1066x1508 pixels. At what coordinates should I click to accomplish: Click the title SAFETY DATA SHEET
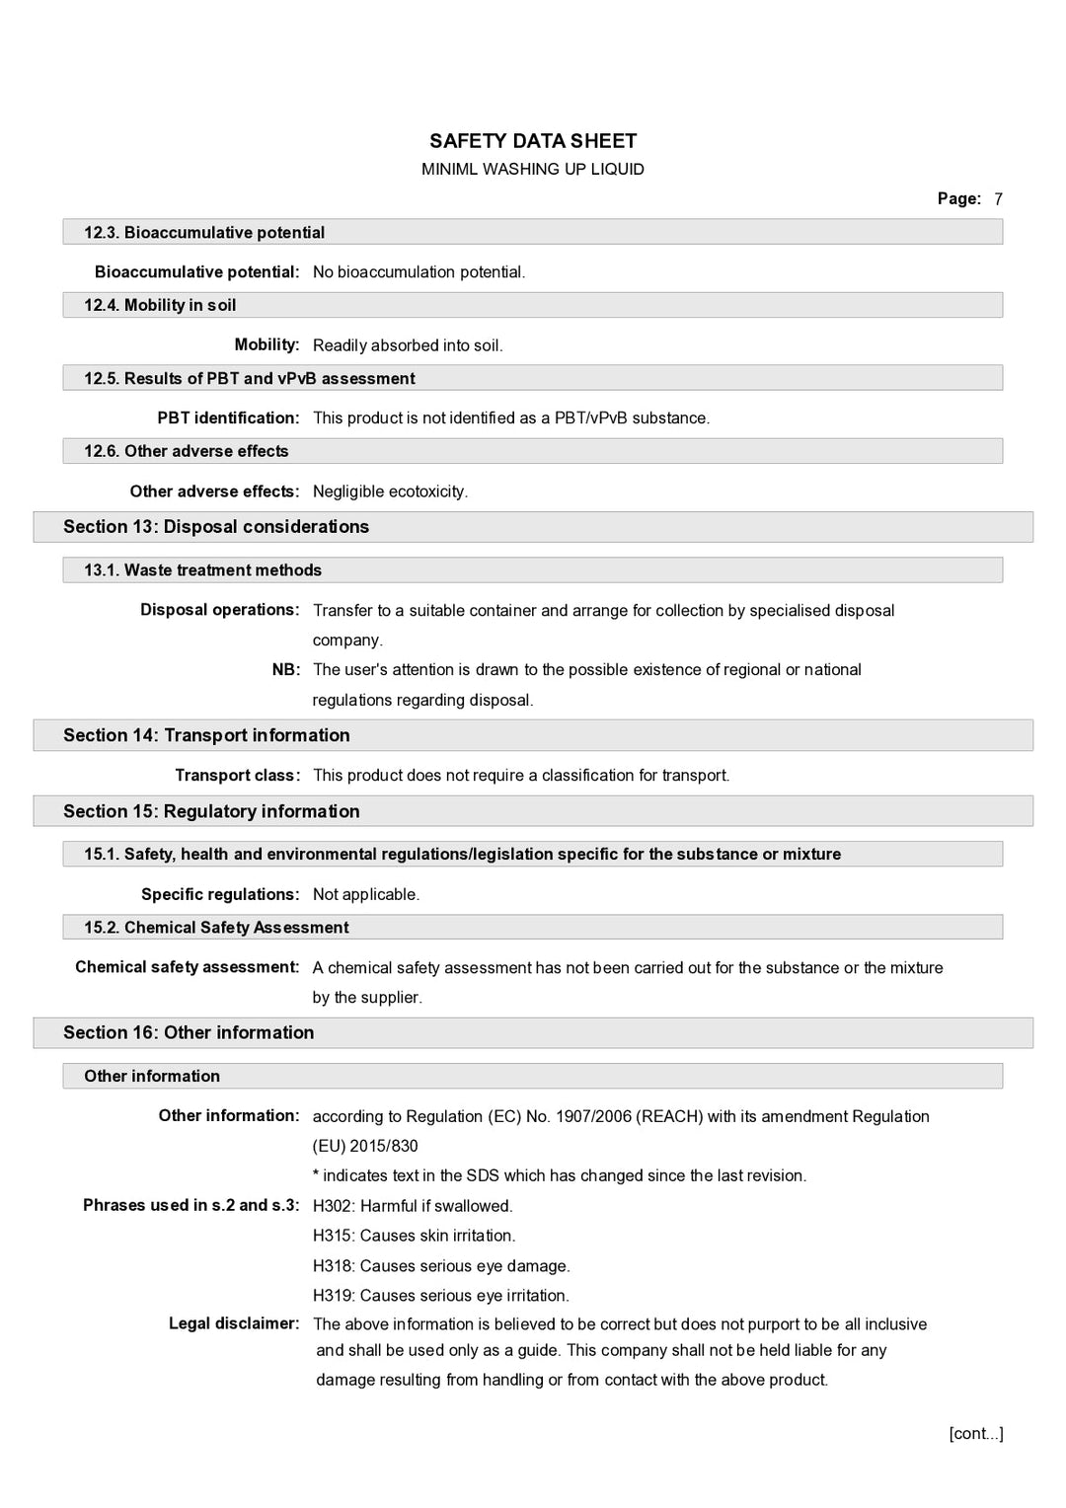(532, 141)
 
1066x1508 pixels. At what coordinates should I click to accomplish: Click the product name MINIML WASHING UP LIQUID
(532, 170)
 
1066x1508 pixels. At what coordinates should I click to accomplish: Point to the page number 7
(998, 199)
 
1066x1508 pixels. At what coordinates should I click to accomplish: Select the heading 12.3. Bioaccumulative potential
(204, 233)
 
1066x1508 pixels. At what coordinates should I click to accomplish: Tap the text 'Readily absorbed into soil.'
(408, 345)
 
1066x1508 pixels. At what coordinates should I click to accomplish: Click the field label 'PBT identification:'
(228, 418)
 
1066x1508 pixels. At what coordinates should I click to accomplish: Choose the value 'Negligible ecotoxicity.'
(390, 491)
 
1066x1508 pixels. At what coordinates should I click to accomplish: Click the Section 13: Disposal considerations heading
(216, 527)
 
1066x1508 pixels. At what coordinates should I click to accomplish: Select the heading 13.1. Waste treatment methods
(202, 570)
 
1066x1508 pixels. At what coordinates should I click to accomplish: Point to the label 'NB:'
(285, 670)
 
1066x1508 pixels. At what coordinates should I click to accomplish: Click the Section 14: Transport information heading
(206, 735)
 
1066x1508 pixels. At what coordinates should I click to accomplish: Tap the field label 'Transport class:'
(237, 776)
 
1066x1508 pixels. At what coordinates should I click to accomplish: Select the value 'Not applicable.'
(366, 895)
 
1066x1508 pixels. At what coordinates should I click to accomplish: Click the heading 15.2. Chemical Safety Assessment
(216, 928)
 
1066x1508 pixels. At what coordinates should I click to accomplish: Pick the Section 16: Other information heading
(189, 1033)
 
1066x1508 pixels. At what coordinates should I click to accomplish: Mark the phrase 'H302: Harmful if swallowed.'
(413, 1206)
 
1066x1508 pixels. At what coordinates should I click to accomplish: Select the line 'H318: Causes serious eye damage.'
(441, 1266)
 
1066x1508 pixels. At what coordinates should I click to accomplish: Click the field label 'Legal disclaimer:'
(234, 1323)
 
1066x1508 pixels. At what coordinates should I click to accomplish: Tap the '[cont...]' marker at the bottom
(975, 1434)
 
